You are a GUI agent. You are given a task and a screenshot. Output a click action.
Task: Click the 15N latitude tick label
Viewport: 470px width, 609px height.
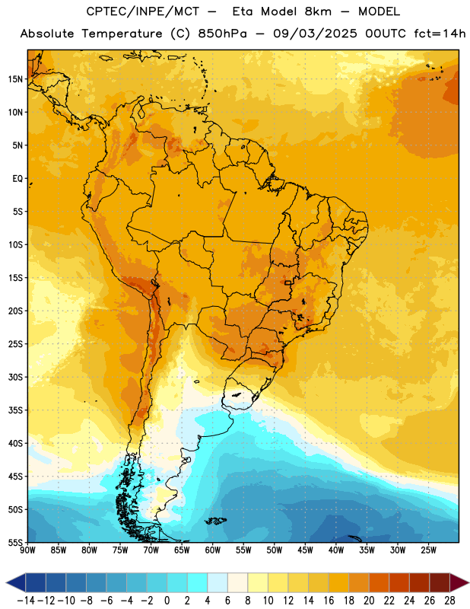(x=15, y=79)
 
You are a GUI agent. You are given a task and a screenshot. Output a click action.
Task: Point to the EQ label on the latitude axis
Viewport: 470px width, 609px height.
(x=17, y=179)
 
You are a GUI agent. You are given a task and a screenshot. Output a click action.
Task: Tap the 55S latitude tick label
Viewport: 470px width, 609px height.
(x=15, y=542)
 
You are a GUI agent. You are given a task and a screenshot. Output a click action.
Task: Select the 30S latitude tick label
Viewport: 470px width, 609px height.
(x=15, y=377)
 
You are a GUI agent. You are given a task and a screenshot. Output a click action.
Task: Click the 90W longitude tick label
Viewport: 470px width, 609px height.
(x=27, y=550)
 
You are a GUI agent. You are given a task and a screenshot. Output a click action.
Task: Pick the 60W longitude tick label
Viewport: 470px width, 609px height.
(x=213, y=550)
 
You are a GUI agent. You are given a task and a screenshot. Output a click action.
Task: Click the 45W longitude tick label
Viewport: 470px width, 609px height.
(x=305, y=550)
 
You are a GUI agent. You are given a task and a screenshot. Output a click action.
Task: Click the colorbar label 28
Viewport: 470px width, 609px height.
(x=449, y=601)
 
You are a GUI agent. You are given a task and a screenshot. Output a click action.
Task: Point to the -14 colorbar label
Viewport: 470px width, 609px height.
(x=26, y=601)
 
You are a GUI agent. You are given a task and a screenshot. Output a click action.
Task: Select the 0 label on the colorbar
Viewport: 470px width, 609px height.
(x=167, y=601)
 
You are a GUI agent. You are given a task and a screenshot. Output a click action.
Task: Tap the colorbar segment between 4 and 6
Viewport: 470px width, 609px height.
(x=218, y=582)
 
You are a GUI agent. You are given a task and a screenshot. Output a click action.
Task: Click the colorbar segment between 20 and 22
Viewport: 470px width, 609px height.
(x=379, y=582)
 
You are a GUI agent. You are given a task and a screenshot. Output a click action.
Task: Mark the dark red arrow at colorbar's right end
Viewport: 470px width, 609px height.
(x=459, y=582)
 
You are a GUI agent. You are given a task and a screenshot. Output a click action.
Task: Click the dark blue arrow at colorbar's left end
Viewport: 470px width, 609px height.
(x=16, y=582)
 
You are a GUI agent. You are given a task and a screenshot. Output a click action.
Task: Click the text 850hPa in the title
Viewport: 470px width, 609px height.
(x=222, y=33)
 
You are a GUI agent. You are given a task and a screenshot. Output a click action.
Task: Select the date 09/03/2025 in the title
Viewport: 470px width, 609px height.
(x=315, y=33)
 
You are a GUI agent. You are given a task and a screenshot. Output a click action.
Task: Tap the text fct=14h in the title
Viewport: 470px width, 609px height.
(x=440, y=33)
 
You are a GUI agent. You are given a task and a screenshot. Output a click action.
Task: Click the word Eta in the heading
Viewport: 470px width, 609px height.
(x=243, y=11)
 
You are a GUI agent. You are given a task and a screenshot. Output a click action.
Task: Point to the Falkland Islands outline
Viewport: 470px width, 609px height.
(x=215, y=521)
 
